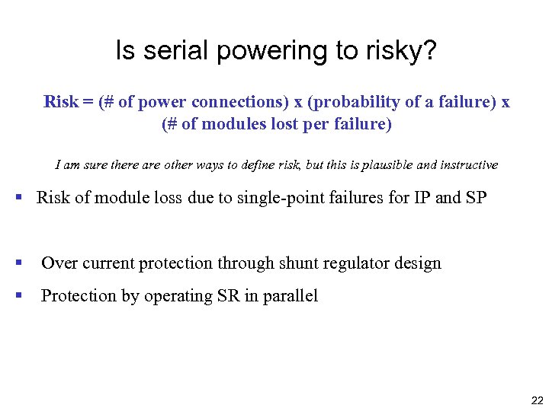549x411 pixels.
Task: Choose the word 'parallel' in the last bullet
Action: click(291, 296)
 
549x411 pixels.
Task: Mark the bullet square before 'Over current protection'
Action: click(18, 263)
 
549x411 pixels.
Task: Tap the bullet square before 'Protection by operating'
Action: click(18, 295)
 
